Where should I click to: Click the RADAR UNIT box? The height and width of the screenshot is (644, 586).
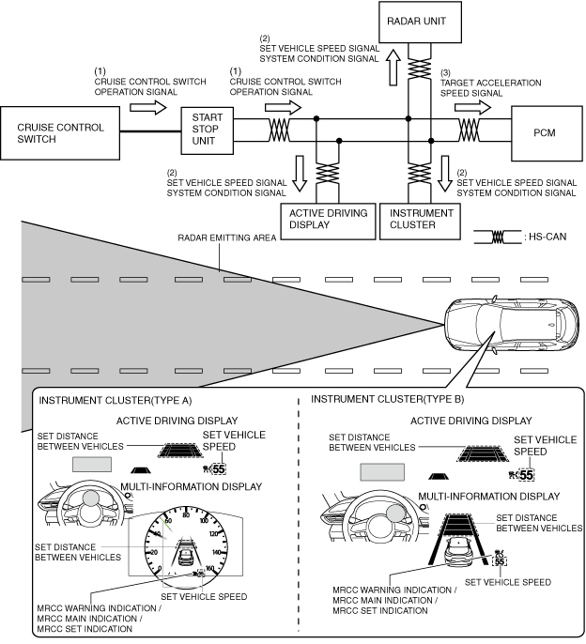[420, 22]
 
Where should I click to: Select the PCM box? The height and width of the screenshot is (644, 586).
[547, 133]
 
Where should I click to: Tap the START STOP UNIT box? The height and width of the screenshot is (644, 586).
[208, 130]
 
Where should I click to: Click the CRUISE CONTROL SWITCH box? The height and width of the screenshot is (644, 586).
[60, 133]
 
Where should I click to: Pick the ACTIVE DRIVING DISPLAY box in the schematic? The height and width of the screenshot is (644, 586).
[328, 222]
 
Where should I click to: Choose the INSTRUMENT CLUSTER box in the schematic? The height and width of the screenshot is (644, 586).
[420, 222]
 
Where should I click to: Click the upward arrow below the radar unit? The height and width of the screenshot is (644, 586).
[393, 68]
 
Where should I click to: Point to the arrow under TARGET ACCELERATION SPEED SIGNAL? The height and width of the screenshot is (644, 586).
[472, 108]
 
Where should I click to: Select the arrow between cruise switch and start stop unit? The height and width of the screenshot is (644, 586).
[148, 108]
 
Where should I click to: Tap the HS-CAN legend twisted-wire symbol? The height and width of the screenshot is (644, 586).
[497, 237]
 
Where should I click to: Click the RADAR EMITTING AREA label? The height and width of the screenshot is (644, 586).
[227, 238]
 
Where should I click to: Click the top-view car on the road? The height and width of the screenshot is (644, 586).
[511, 324]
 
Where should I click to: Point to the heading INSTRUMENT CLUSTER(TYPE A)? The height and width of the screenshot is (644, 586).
[116, 401]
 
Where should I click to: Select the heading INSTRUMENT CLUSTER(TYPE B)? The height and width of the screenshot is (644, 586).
[388, 399]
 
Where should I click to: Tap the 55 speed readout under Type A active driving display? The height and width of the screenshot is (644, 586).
[219, 468]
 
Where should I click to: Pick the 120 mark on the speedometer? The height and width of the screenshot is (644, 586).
[214, 534]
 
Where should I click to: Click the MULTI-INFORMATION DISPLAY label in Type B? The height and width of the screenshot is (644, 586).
[489, 496]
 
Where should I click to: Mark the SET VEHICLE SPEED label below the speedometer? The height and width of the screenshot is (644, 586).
[204, 596]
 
